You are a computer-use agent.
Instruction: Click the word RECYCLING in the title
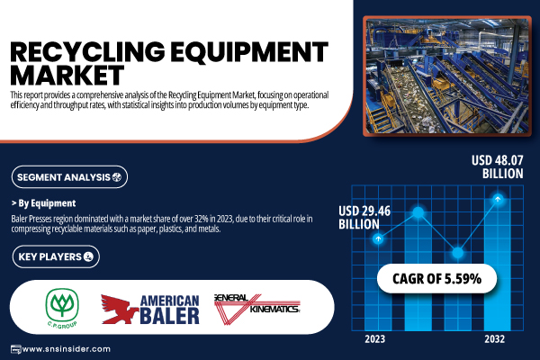[x=87, y=52]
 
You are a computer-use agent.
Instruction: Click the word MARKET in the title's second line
[x=67, y=75]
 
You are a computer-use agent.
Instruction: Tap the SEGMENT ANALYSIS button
[x=69, y=177]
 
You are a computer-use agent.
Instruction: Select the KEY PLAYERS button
[x=56, y=256]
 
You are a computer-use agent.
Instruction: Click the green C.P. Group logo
[x=62, y=308]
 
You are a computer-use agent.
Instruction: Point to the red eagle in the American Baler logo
[x=119, y=309]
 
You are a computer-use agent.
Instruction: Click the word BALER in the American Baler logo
[x=170, y=316]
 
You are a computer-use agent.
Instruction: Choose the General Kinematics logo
[x=256, y=309]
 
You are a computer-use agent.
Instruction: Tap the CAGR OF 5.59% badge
[x=436, y=278]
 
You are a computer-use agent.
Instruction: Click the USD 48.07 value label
[x=498, y=166]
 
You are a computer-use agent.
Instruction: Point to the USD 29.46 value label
[x=364, y=218]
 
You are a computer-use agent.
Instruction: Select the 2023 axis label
[x=375, y=339]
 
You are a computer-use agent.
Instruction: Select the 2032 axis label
[x=494, y=339]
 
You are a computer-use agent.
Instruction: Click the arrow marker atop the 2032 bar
[x=498, y=199]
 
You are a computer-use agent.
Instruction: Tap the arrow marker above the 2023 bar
[x=378, y=238]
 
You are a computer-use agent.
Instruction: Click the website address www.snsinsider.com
[x=66, y=349]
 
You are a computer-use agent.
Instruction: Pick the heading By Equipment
[x=44, y=203]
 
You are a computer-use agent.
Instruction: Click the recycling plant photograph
[x=447, y=76]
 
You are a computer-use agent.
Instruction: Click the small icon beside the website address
[x=16, y=349]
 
